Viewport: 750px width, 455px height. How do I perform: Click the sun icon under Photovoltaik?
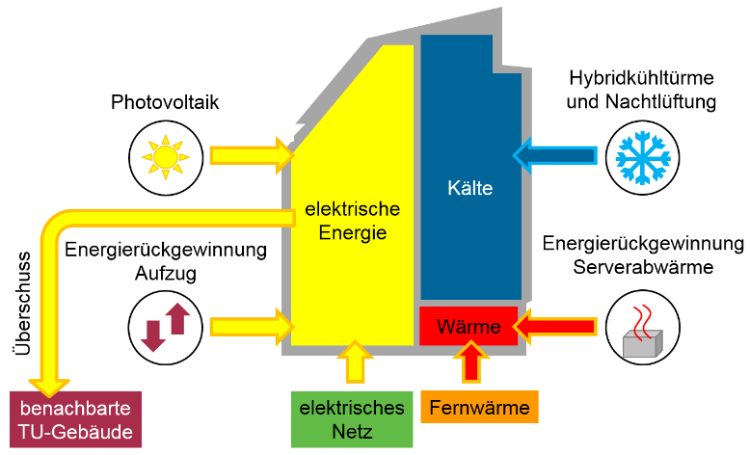[166, 157]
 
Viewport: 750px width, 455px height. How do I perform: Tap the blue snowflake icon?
[642, 157]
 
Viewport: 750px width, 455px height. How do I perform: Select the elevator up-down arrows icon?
[166, 327]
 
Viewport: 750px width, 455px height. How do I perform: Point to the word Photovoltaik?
[165, 102]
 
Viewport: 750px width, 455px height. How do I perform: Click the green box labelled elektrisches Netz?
[352, 419]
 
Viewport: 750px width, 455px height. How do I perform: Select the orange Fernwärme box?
[479, 407]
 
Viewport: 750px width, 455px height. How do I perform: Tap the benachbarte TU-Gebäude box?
[75, 419]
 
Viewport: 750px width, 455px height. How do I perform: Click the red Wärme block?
[469, 326]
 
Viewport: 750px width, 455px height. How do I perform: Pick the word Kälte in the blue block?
[470, 188]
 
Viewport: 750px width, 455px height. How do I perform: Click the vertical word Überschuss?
[22, 304]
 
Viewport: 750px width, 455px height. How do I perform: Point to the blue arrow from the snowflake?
[555, 155]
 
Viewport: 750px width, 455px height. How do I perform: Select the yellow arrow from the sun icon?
[253, 155]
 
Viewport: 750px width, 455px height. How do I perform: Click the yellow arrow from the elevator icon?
[253, 327]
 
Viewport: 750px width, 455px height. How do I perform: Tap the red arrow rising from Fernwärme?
[471, 361]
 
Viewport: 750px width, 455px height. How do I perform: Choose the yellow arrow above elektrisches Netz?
[355, 361]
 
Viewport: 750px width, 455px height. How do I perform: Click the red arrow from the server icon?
[555, 327]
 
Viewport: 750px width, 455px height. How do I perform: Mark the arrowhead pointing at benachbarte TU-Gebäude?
[49, 386]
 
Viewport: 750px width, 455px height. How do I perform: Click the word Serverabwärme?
[643, 267]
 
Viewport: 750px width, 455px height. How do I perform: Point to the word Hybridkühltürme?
[641, 78]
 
